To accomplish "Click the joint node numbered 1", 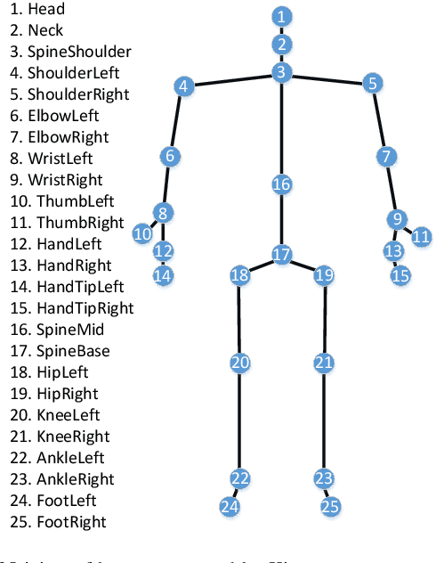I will click(x=281, y=16).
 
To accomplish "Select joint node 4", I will click(x=183, y=86).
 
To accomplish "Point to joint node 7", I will click(x=385, y=157).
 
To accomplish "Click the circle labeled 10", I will click(x=142, y=233).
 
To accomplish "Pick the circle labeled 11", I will click(x=421, y=236).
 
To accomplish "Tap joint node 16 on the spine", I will click(x=281, y=184).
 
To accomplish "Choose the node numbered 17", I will click(x=281, y=255).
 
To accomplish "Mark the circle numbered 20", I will click(x=239, y=363).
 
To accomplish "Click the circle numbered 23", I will click(x=324, y=478).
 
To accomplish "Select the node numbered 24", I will click(x=230, y=507).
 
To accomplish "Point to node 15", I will click(x=400, y=275).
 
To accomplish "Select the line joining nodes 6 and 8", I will click(x=166, y=184).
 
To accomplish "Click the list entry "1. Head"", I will click(x=34, y=10).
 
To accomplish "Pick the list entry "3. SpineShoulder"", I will click(x=67, y=52).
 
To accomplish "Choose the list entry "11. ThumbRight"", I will click(x=61, y=223).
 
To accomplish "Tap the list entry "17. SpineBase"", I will click(x=59, y=351).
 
